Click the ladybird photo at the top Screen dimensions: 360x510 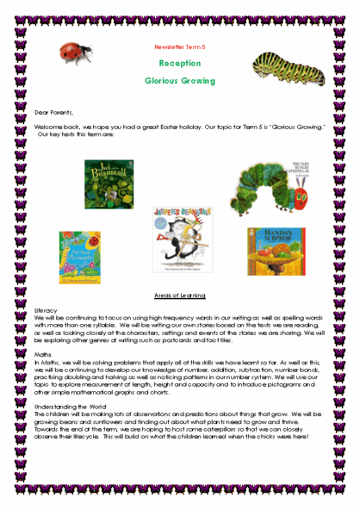pos(76,52)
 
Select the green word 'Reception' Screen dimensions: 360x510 pos(180,64)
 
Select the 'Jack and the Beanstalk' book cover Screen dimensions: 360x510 pos(109,183)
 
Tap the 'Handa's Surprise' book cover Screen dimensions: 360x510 pos(276,251)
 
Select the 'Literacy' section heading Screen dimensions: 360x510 pos(47,308)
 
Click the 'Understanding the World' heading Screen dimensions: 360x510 pos(69,405)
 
